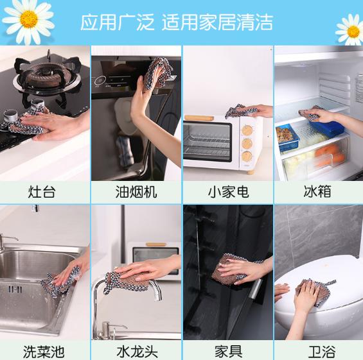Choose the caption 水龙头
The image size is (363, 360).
[x=136, y=351]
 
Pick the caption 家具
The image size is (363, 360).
[x=227, y=351]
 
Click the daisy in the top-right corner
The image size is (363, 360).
[x=351, y=30]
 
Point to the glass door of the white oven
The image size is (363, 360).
[x=206, y=141]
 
